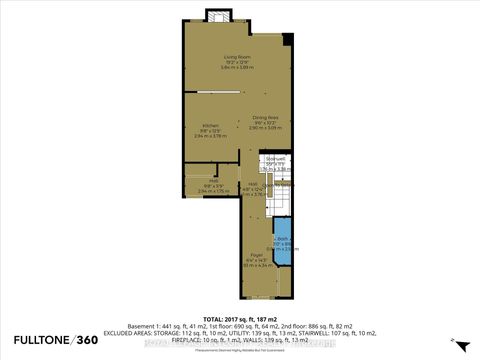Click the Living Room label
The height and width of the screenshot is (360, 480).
click(236, 57)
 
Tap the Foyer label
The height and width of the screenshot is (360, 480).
click(256, 257)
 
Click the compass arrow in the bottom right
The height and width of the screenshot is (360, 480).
click(453, 342)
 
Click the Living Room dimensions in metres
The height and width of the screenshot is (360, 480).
click(236, 68)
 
